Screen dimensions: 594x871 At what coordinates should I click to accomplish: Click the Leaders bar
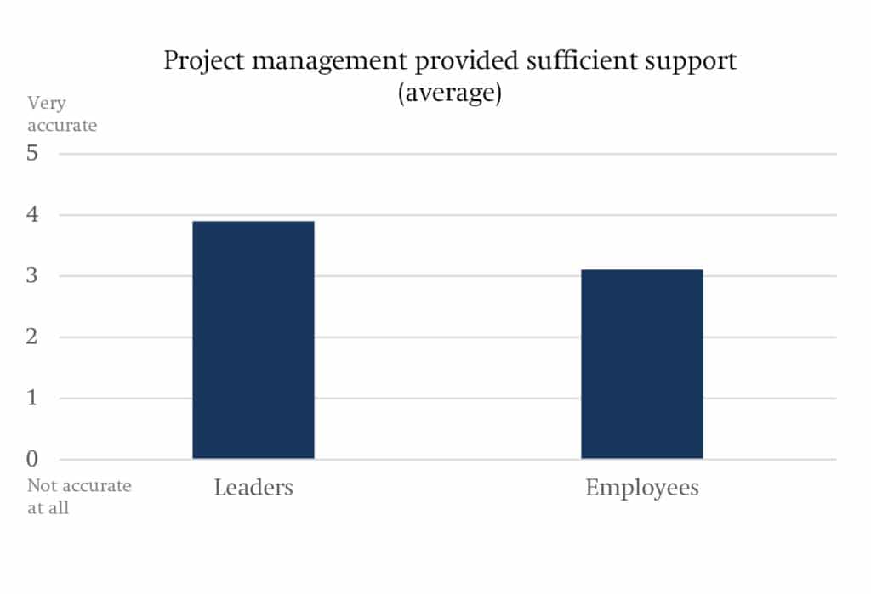253,340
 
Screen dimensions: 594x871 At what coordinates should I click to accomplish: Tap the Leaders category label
253,488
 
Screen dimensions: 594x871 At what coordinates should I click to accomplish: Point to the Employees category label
641,489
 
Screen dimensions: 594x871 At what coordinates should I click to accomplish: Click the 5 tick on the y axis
33,154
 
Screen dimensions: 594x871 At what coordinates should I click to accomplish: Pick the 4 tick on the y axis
33,215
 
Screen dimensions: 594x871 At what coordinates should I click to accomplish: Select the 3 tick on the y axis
33,276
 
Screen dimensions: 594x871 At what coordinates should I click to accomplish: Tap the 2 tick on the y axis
33,337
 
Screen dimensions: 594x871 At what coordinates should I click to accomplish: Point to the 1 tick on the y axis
33,399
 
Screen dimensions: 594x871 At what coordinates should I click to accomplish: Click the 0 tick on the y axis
33,460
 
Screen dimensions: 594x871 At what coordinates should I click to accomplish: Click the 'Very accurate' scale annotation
62,114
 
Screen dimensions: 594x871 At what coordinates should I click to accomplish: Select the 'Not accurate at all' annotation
78,497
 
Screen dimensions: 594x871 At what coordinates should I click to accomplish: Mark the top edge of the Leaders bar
253,222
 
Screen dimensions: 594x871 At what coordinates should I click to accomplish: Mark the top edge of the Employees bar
641,270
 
